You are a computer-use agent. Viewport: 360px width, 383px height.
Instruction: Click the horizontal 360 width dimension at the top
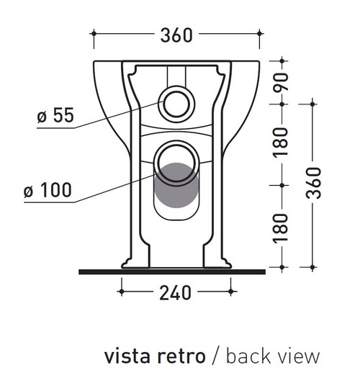(x=176, y=33)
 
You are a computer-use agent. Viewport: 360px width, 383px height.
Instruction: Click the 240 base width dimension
(x=175, y=292)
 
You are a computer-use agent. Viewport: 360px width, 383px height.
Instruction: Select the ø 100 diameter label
(x=48, y=191)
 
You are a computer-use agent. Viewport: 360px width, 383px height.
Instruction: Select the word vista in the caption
(x=129, y=356)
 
